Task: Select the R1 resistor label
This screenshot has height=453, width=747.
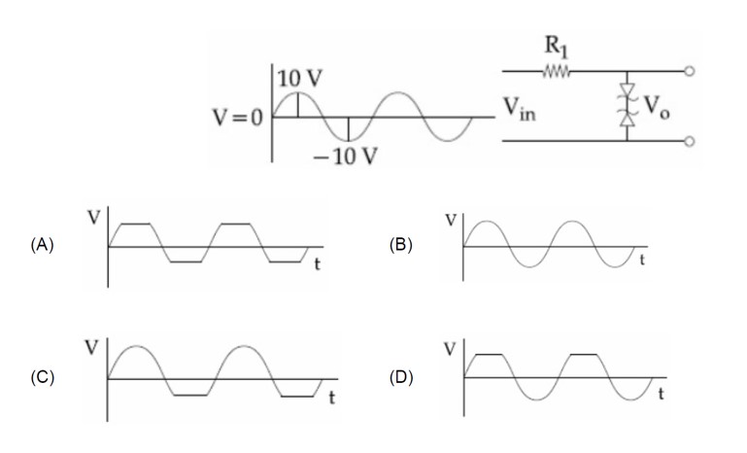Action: click(557, 46)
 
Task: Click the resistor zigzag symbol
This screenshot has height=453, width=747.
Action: click(557, 71)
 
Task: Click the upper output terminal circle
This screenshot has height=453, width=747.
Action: click(691, 71)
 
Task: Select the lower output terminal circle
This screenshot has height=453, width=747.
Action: click(691, 141)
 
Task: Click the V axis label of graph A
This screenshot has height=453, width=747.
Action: click(94, 217)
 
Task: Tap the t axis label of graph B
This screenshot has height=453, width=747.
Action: click(641, 261)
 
